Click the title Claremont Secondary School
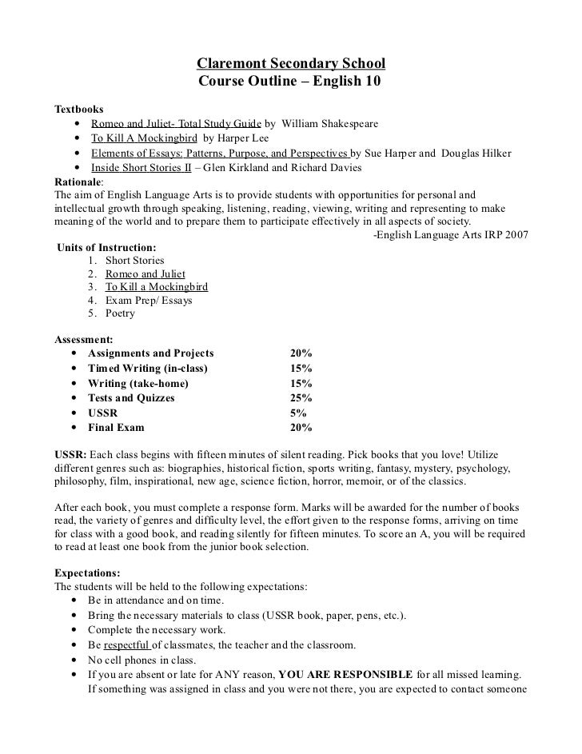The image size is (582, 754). click(291, 63)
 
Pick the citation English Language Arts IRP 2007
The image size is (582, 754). click(450, 235)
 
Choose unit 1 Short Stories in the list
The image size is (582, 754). click(134, 261)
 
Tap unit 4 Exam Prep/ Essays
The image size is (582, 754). click(145, 301)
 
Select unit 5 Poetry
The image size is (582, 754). click(120, 313)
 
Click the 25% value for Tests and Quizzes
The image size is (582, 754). click(301, 397)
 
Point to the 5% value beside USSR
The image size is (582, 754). click(298, 413)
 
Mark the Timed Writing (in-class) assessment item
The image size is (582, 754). click(147, 368)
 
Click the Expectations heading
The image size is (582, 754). click(87, 573)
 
